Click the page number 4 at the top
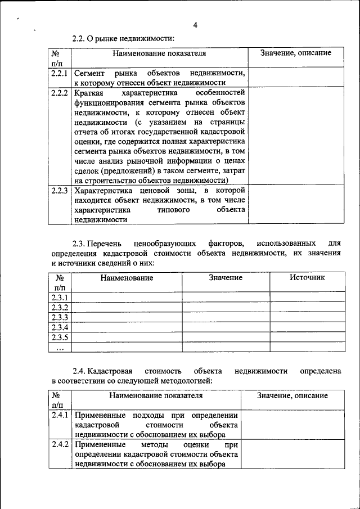[x=195, y=25]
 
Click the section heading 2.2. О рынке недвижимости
[x=123, y=38]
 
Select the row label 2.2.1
[x=59, y=73]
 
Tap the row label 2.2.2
[x=59, y=92]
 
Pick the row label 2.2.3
[x=59, y=191]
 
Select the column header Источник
[x=307, y=277]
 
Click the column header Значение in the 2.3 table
[x=226, y=277]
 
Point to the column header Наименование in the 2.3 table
[x=127, y=277]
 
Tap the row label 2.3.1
[x=60, y=297]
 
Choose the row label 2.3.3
[x=60, y=317]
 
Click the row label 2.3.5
[x=60, y=337]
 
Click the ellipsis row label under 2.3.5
[x=60, y=348]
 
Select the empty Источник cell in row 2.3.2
[x=307, y=307]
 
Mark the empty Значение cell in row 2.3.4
[x=226, y=327]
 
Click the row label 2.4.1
[x=60, y=416]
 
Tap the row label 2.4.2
[x=60, y=445]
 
